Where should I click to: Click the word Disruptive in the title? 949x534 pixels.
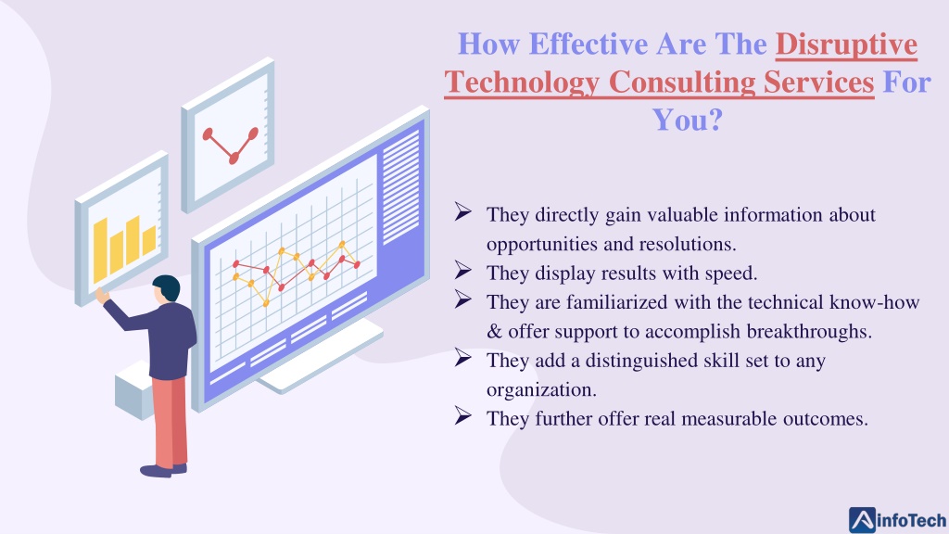coord(846,44)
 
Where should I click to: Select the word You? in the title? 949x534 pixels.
coord(688,119)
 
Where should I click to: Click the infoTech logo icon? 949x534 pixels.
coord(862,520)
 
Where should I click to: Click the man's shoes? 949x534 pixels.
coord(163,469)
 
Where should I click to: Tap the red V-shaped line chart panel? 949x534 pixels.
coord(228,134)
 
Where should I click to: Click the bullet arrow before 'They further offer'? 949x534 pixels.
coord(463,415)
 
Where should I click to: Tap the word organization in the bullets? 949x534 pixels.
coord(541,390)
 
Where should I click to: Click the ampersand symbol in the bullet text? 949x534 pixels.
coord(495,331)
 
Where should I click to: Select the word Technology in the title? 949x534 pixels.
coord(523,82)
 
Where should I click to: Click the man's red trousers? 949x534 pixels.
coord(171,422)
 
